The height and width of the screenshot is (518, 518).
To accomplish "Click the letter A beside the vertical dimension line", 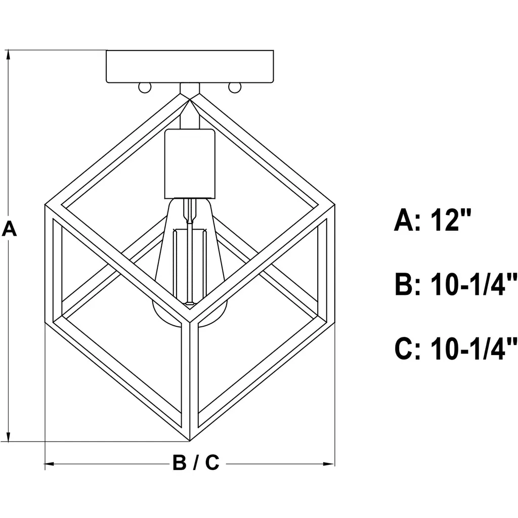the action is pyautogui.click(x=9, y=229).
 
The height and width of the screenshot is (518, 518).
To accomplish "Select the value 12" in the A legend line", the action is pyautogui.click(x=451, y=220).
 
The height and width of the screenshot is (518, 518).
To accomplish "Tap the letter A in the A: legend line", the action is pyautogui.click(x=404, y=220).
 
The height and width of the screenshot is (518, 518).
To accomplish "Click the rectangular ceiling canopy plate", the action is pyautogui.click(x=190, y=66).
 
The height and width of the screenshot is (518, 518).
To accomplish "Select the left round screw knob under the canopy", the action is pyautogui.click(x=144, y=88).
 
